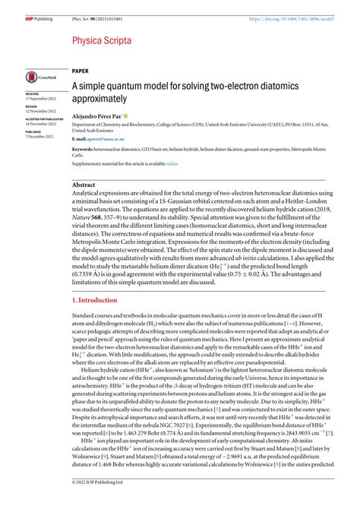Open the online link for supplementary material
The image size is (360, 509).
click(172, 163)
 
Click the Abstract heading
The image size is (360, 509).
click(84, 185)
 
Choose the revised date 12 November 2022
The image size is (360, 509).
click(41, 112)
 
